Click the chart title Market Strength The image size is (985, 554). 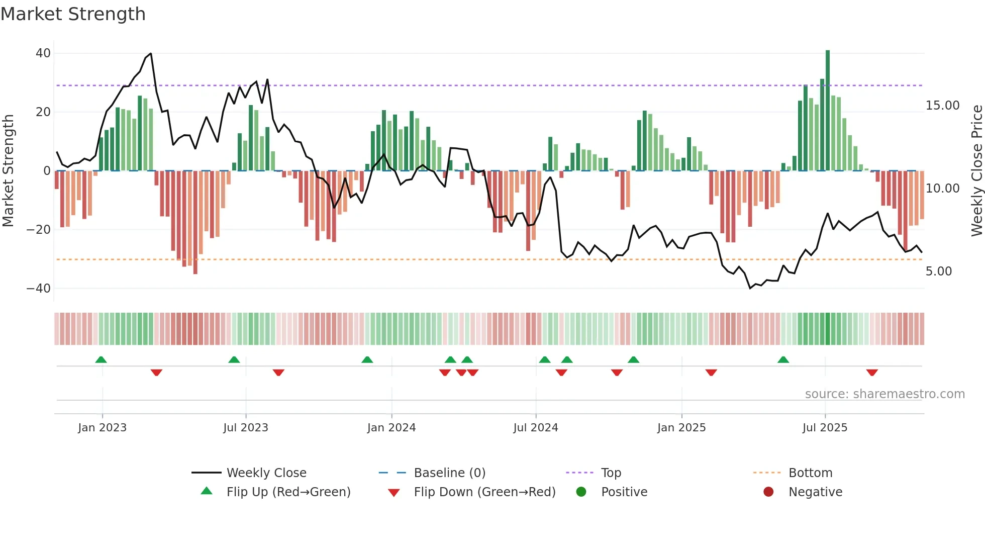tap(73, 14)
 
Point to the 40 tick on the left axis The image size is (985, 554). tap(43, 53)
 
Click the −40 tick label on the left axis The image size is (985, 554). tap(39, 289)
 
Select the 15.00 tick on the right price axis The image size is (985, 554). tap(942, 106)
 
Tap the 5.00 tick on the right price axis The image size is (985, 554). tap(939, 271)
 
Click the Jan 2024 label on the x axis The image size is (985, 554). tap(391, 428)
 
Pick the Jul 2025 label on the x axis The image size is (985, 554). tap(825, 428)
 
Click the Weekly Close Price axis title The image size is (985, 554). tap(976, 171)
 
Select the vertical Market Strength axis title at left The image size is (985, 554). tap(8, 171)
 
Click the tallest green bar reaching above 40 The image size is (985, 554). tap(828, 111)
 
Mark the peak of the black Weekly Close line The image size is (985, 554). tap(151, 53)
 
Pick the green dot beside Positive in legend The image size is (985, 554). tap(581, 492)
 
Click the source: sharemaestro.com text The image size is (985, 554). tap(884, 394)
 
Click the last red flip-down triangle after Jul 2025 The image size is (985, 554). tap(872, 373)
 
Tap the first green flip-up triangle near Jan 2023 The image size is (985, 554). tap(101, 359)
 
